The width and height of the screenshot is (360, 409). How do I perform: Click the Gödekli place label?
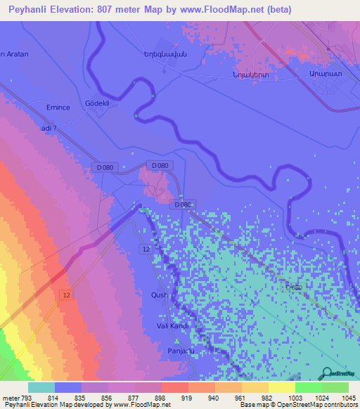[x=98, y=102]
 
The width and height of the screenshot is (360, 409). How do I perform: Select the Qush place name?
[x=160, y=296]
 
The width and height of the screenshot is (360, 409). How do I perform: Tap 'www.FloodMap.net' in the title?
[x=227, y=9]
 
